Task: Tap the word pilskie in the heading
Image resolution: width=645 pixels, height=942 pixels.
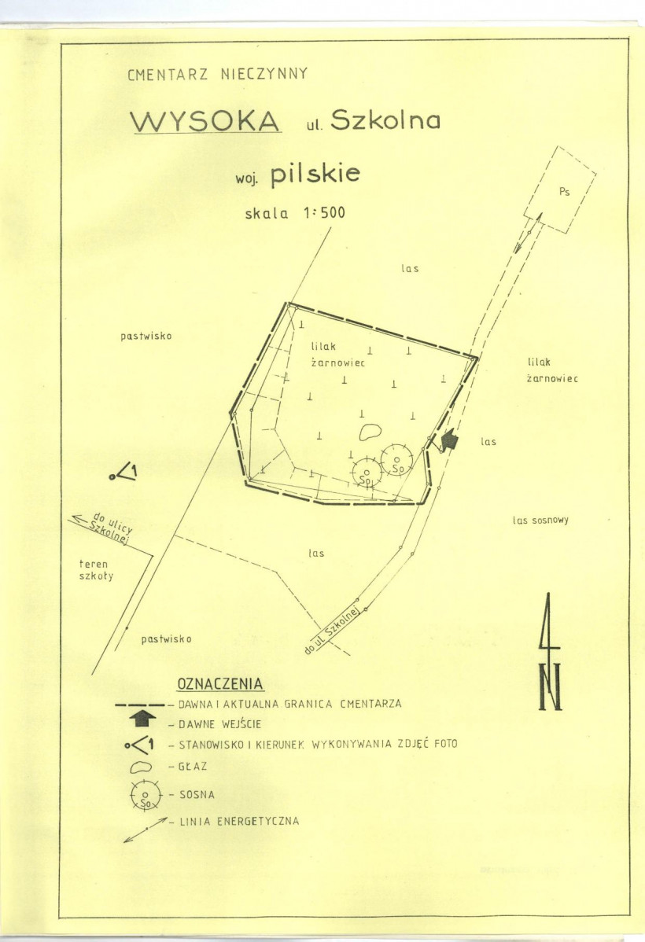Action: pyautogui.click(x=315, y=175)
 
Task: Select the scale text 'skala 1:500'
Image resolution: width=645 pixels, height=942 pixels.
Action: pyautogui.click(x=295, y=212)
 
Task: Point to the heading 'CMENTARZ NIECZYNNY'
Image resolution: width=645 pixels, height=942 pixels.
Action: pyautogui.click(x=217, y=75)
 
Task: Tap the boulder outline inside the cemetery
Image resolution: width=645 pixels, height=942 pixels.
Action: pyautogui.click(x=369, y=431)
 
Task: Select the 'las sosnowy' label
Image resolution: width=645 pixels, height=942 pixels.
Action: pyautogui.click(x=540, y=520)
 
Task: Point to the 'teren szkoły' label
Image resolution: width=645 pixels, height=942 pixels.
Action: pyautogui.click(x=97, y=569)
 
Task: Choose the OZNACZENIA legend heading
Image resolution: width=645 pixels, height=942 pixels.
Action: pyautogui.click(x=220, y=683)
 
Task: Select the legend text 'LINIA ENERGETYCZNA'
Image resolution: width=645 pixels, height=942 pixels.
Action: pyautogui.click(x=238, y=822)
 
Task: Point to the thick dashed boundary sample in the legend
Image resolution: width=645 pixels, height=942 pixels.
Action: pyautogui.click(x=139, y=705)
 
